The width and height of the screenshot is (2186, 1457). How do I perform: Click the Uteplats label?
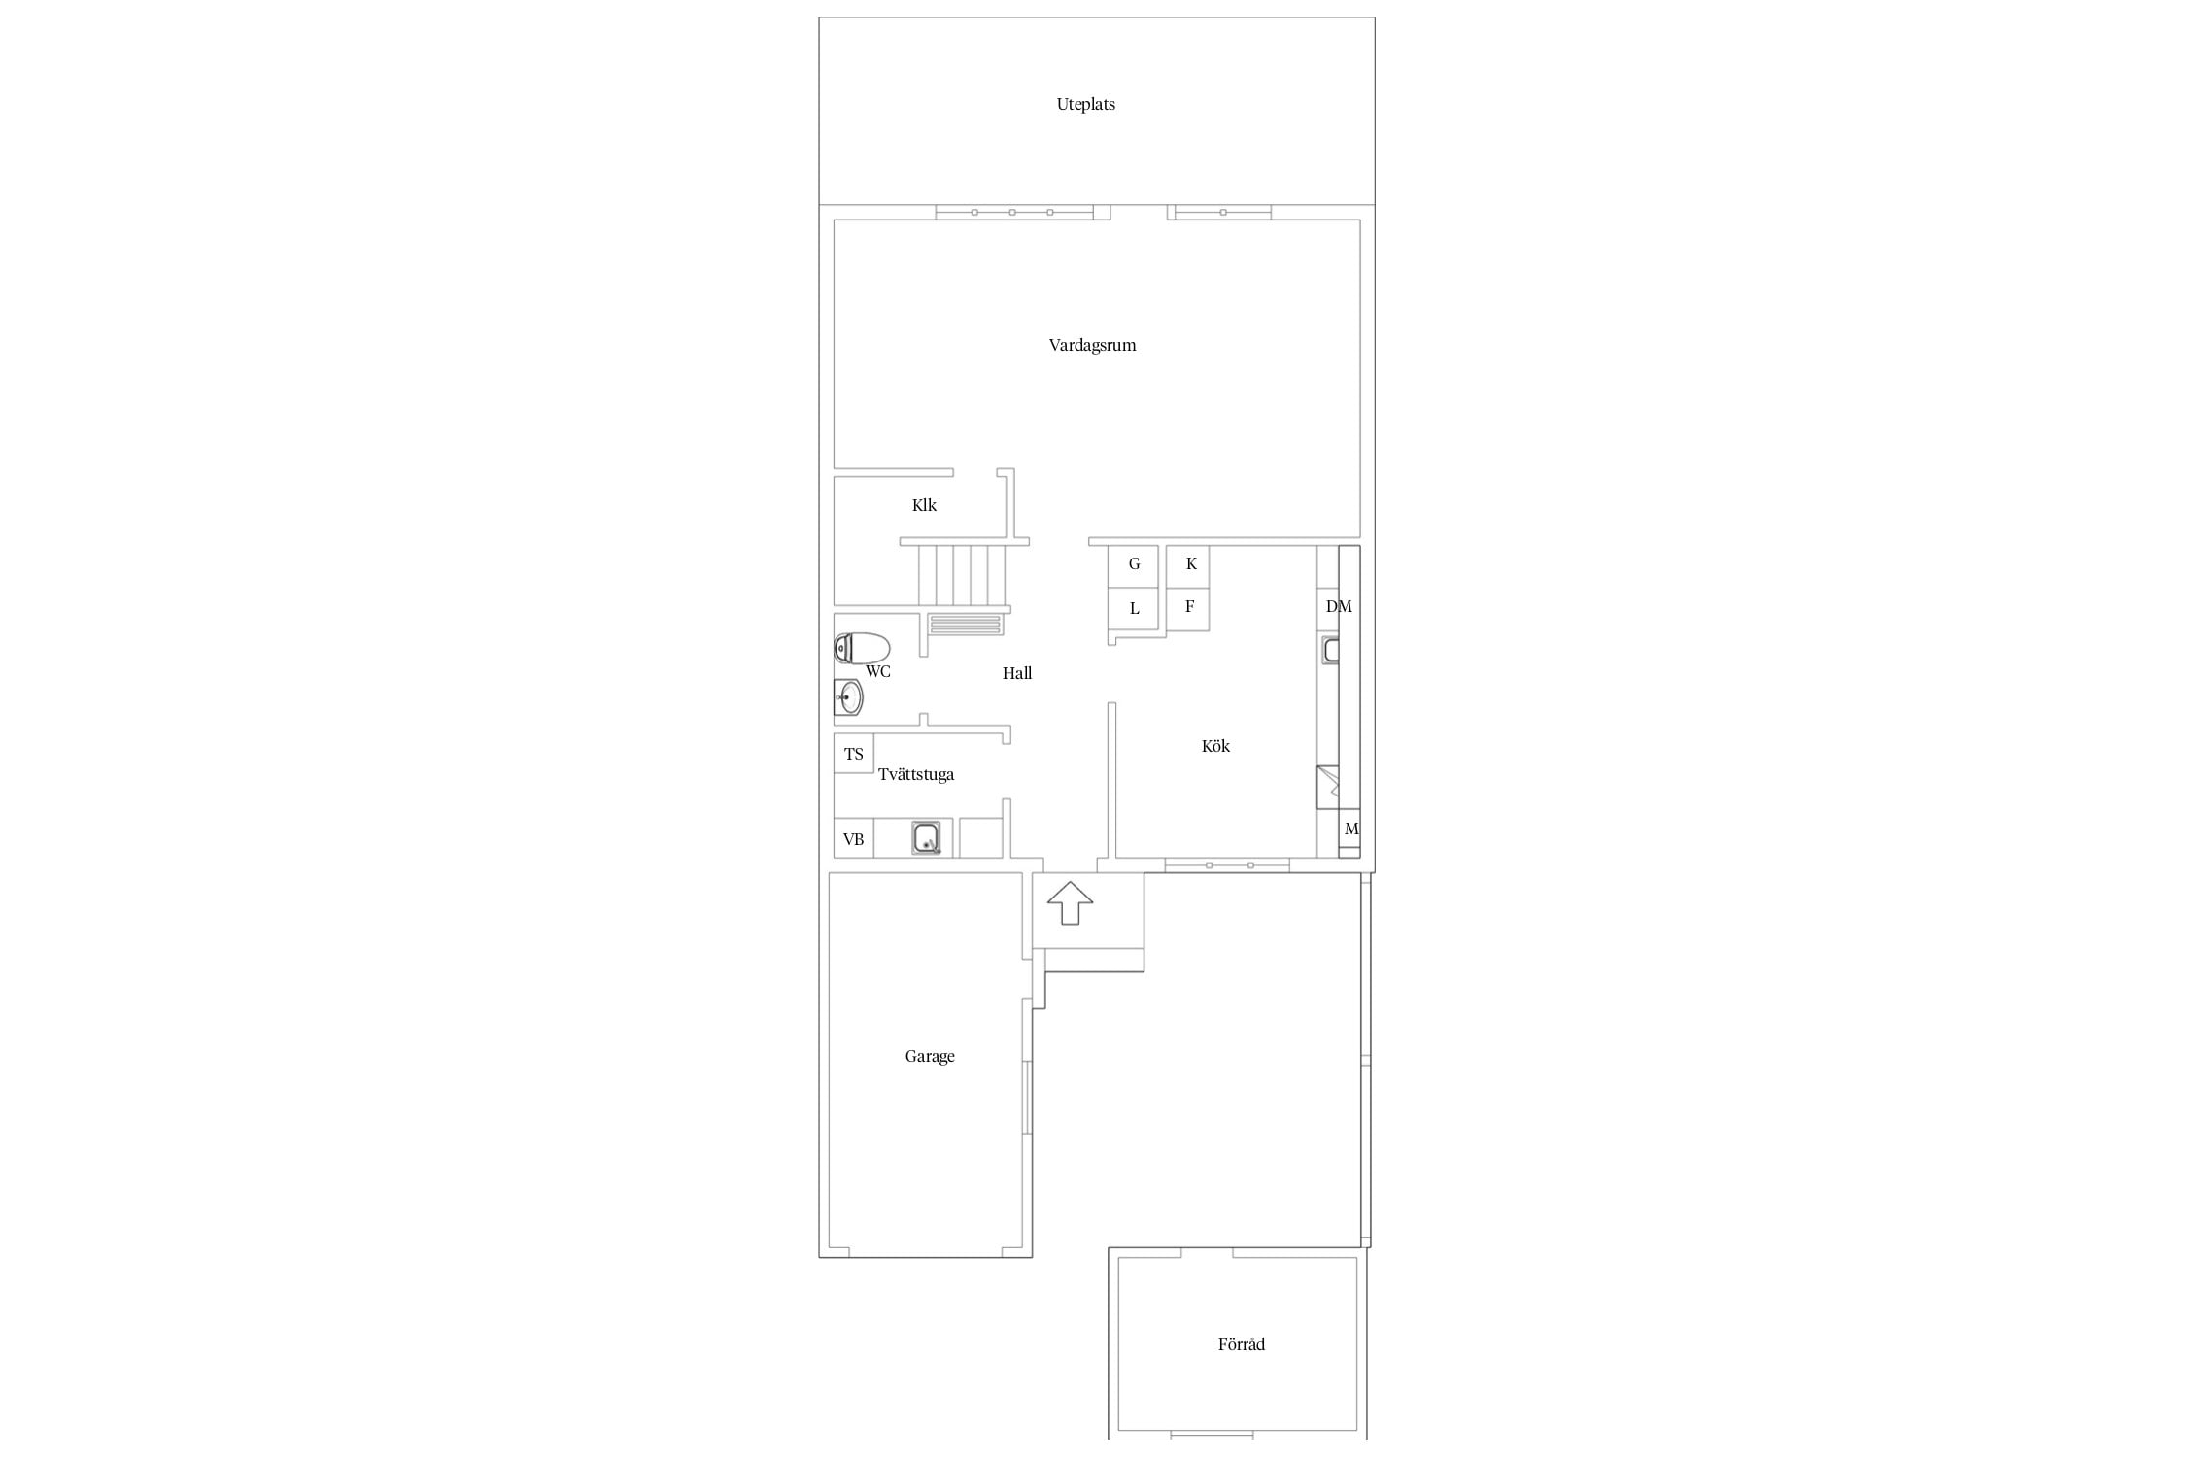(x=1085, y=104)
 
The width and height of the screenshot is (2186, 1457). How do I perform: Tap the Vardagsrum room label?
(x=1092, y=345)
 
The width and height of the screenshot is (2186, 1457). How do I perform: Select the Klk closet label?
(x=924, y=505)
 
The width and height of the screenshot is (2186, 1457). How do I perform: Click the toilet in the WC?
(x=862, y=648)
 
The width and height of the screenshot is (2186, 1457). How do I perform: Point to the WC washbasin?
(x=848, y=696)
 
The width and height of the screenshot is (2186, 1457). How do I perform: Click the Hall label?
(x=1017, y=673)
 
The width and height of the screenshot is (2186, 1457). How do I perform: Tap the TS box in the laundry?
(x=854, y=754)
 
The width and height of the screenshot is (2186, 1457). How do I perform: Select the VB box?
(x=854, y=839)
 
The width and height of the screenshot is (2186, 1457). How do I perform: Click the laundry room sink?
(x=926, y=837)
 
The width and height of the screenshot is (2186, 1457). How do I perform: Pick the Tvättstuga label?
(x=916, y=774)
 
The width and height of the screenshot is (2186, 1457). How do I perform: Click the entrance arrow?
(x=1070, y=902)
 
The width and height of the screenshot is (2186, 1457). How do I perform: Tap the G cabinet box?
(x=1134, y=565)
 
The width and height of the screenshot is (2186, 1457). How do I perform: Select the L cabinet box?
(x=1134, y=609)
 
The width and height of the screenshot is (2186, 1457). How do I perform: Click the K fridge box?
(x=1188, y=565)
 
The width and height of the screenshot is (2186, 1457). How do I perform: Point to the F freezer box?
(x=1188, y=609)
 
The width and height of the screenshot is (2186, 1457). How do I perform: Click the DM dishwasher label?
(x=1339, y=607)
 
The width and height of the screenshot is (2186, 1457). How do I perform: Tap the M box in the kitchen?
(x=1349, y=830)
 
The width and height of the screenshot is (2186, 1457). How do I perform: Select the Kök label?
(x=1215, y=746)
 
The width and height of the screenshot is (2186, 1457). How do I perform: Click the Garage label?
(x=930, y=1056)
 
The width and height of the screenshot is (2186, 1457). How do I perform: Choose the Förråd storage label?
(x=1242, y=1344)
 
